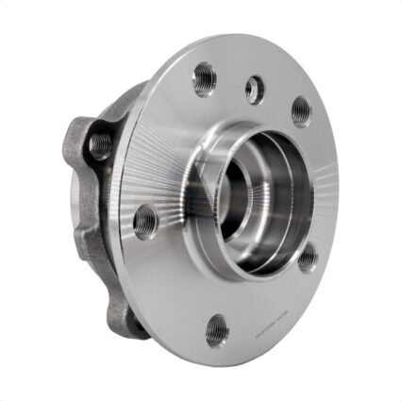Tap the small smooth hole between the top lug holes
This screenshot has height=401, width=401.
coord(254,90)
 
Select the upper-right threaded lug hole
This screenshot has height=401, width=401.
coord(300,112)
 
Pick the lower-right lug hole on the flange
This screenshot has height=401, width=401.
coord(308,258)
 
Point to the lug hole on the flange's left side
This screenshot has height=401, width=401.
coord(144,223)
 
